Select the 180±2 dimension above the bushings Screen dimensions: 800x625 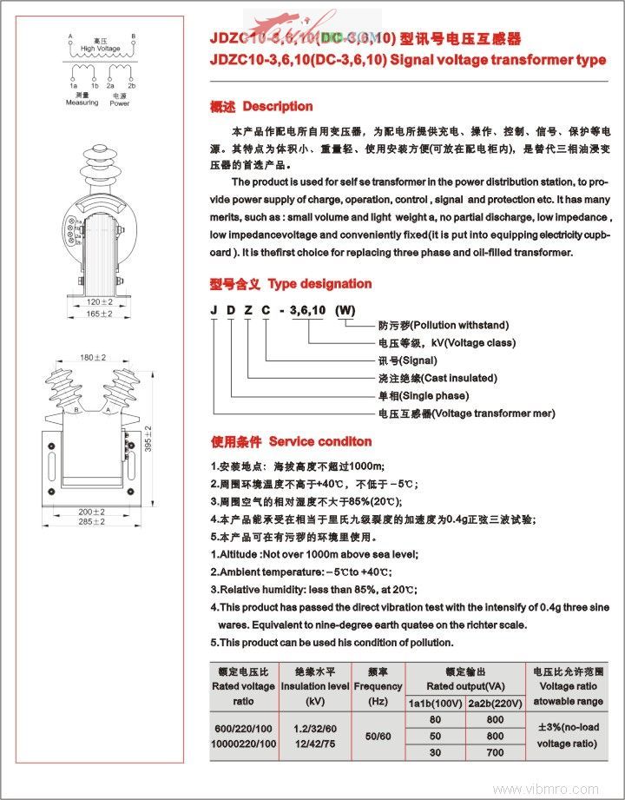point(92,357)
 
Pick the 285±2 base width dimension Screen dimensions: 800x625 point(92,521)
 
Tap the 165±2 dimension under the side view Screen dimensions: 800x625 point(101,313)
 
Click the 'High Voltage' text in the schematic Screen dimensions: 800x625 point(101,49)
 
